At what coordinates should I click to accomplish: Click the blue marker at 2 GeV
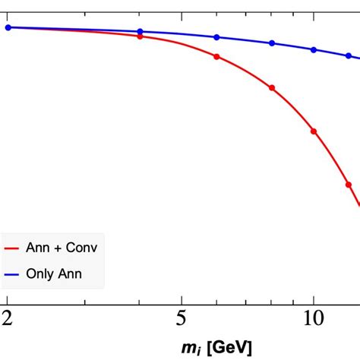tap(8, 27)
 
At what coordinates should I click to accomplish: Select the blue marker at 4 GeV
tap(140, 32)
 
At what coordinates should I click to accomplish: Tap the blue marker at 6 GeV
tap(217, 37)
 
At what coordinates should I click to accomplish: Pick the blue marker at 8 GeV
tap(272, 43)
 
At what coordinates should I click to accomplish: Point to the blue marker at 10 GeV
tap(314, 49)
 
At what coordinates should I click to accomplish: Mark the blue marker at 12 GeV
tap(349, 56)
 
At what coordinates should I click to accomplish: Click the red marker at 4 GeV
tap(140, 36)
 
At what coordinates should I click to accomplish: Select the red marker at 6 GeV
tap(217, 57)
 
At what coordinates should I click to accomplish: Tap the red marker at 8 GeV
tap(272, 88)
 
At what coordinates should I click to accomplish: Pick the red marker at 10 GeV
tap(314, 131)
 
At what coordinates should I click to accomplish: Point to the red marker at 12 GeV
tap(349, 185)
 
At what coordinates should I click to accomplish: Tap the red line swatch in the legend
tap(11, 248)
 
